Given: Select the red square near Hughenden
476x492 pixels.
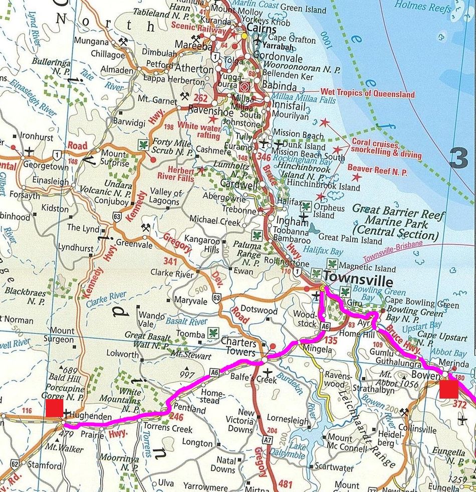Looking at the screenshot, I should (x=54, y=408).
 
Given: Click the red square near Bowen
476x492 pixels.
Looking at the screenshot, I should (x=448, y=389).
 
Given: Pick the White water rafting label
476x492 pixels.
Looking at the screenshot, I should (x=198, y=131).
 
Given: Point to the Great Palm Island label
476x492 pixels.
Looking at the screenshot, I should (x=350, y=240).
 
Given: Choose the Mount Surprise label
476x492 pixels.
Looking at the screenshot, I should (x=114, y=157).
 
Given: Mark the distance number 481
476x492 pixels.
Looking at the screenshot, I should (x=285, y=484).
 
